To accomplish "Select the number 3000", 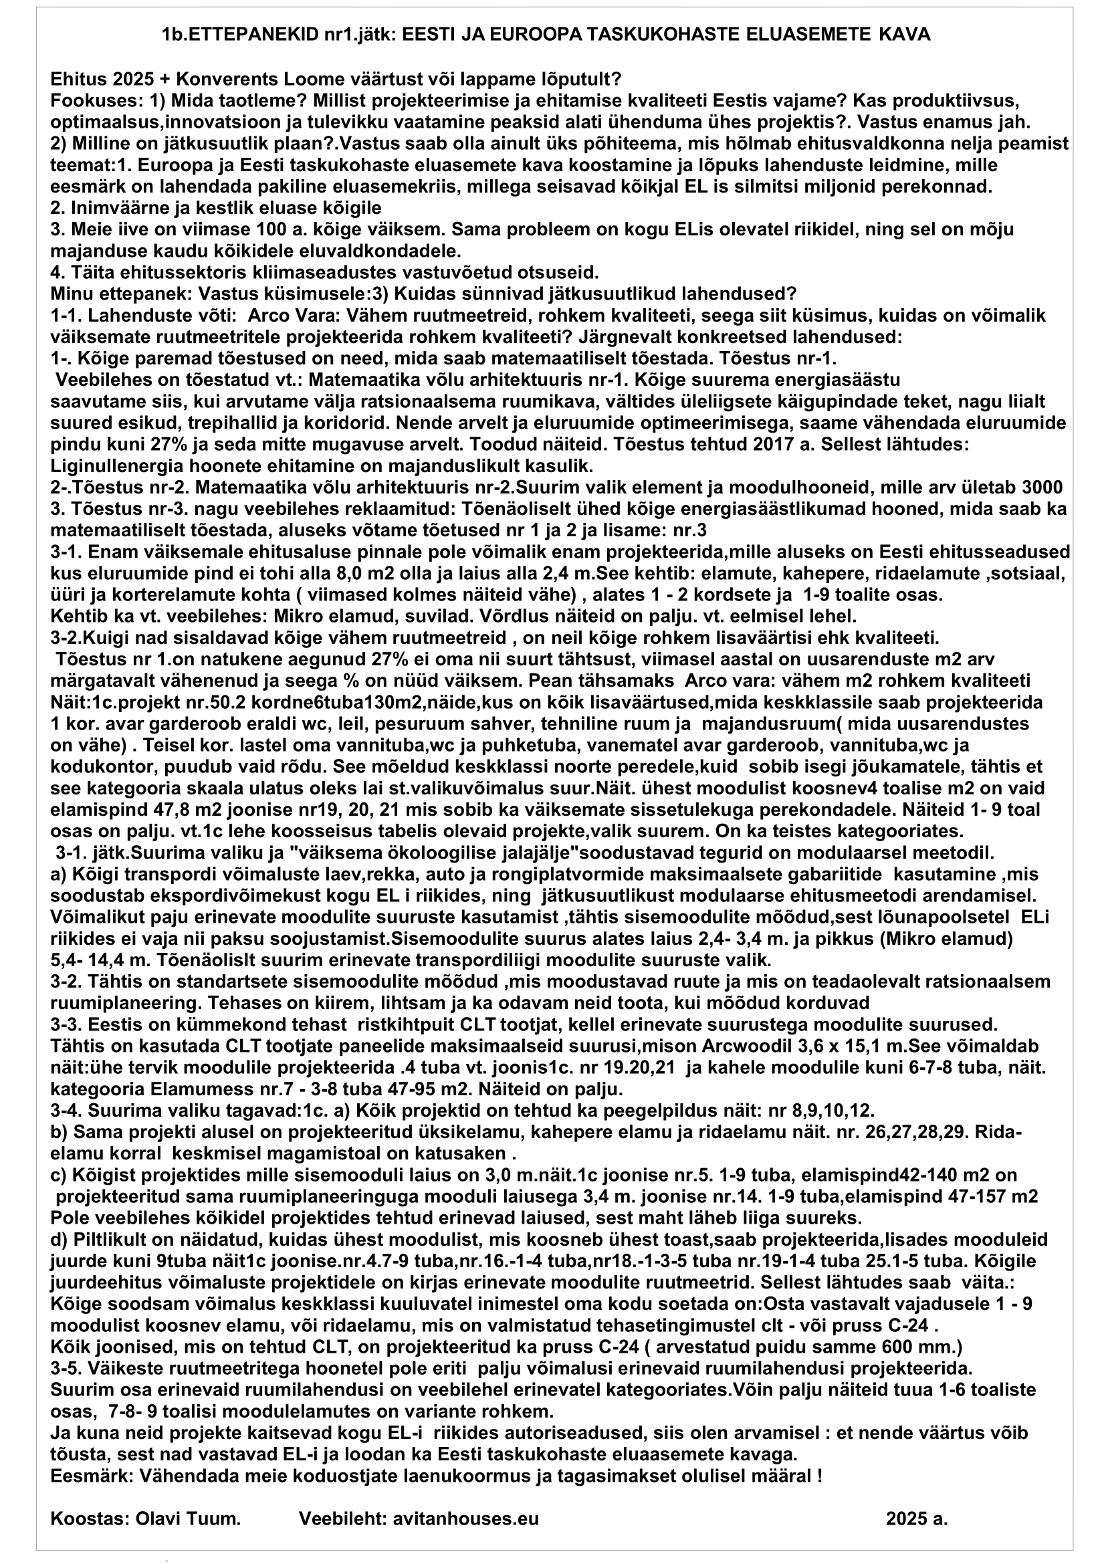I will [1042, 487].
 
